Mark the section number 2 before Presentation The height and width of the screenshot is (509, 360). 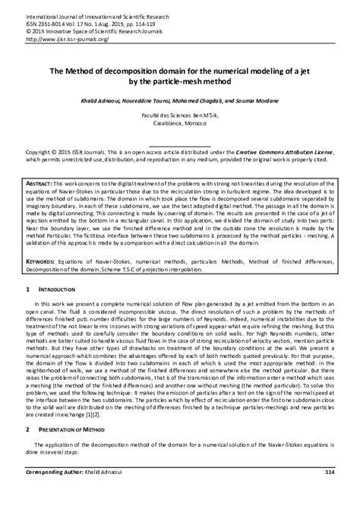28,429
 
